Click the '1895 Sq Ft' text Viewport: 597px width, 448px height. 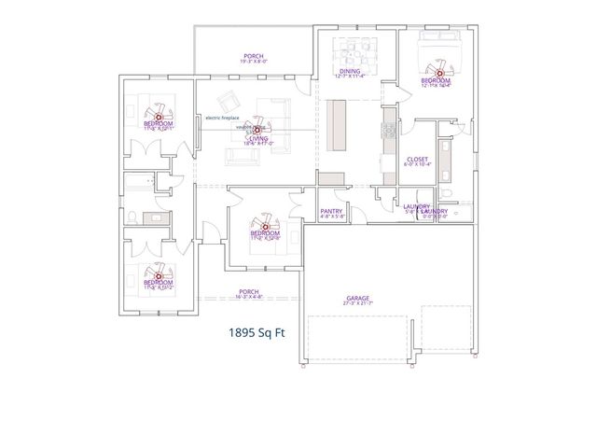click(x=257, y=331)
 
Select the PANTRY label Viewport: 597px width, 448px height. click(x=331, y=211)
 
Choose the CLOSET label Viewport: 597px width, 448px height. click(x=417, y=160)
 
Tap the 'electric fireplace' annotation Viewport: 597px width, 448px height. click(x=223, y=118)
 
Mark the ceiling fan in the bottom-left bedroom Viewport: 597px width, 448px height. click(x=159, y=276)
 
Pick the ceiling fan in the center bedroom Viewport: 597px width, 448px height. click(x=265, y=226)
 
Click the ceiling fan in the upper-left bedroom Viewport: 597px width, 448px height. click(x=158, y=116)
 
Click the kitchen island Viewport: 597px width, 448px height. click(x=339, y=122)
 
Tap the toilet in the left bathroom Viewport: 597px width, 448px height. click(x=132, y=217)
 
